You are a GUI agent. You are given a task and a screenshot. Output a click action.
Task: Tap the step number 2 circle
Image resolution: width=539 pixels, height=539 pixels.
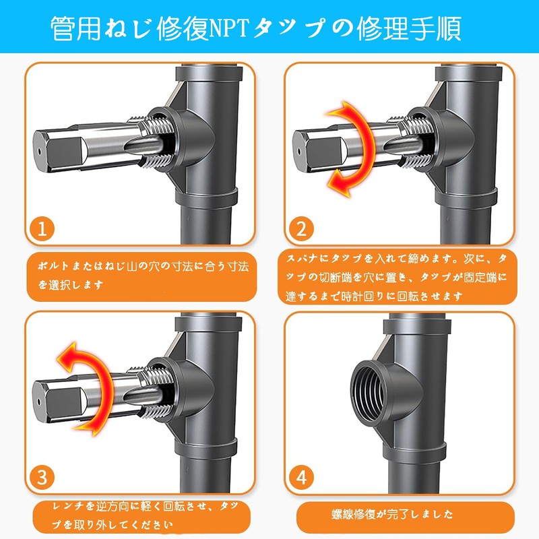(x=300, y=229)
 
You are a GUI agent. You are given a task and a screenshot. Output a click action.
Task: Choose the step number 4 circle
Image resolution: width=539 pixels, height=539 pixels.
(x=300, y=478)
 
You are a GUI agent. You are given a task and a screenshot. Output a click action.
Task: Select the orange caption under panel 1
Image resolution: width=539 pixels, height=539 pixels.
(x=142, y=276)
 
